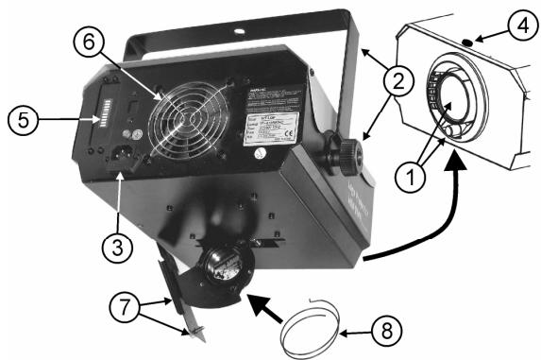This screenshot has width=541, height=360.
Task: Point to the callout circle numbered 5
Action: click(x=24, y=120)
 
